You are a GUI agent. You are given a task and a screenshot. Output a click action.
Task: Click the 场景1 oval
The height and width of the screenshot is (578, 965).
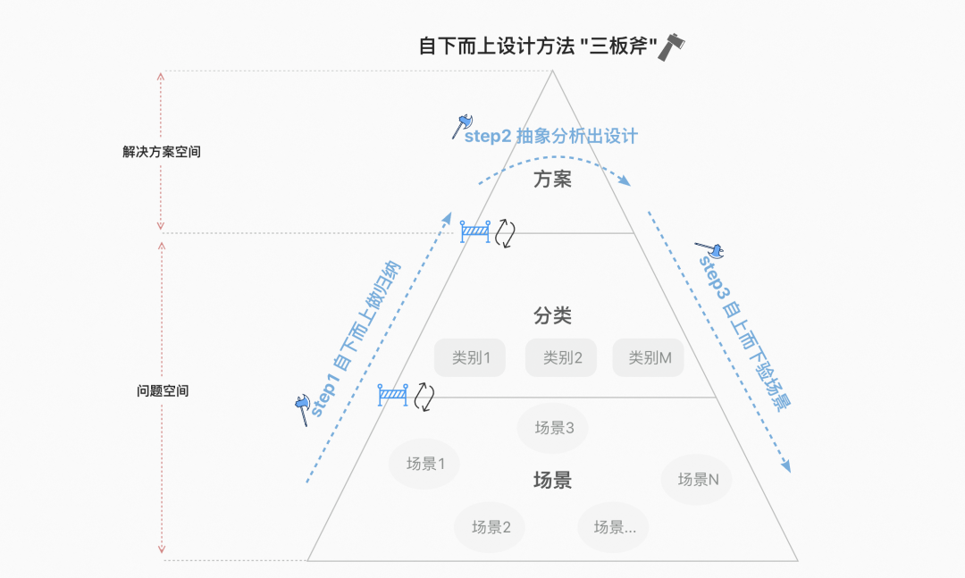tap(424, 464)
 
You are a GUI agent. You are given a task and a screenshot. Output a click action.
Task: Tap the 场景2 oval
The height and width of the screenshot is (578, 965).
tap(491, 526)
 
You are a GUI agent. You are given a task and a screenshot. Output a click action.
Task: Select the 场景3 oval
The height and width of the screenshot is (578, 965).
tap(553, 428)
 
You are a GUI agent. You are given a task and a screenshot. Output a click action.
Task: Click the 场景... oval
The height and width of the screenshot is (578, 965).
tap(614, 526)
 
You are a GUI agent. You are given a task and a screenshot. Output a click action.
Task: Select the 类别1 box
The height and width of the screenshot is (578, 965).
tap(471, 358)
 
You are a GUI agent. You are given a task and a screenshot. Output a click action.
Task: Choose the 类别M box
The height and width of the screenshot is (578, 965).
tap(649, 358)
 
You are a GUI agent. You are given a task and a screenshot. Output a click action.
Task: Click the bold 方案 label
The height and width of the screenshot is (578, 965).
tap(552, 180)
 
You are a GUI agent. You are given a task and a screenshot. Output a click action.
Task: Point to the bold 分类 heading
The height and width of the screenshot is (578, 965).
tap(552, 316)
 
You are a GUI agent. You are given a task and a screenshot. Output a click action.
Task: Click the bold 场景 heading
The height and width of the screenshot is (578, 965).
tap(552, 481)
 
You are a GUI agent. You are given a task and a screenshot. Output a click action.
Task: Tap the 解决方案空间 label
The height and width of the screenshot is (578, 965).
tap(162, 152)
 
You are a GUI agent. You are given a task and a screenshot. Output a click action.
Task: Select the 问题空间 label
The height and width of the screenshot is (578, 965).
tap(163, 391)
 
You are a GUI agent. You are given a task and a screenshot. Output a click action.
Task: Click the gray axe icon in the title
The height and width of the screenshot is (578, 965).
tap(671, 46)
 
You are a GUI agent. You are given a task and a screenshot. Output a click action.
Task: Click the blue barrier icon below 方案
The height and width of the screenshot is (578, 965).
tap(475, 232)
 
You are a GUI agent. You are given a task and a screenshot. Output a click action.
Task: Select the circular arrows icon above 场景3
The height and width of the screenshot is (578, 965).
tap(424, 396)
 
